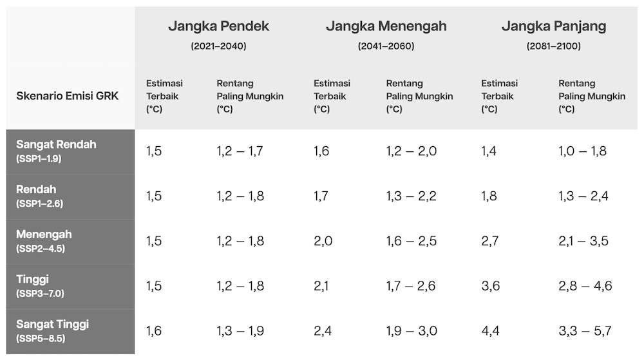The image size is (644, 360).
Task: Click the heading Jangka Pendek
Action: pyautogui.click(x=218, y=26)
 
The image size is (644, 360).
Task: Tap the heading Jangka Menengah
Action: pyautogui.click(x=386, y=26)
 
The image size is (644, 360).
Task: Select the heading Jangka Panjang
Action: pyautogui.click(x=554, y=26)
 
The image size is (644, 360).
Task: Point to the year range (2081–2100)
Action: pyautogui.click(x=554, y=46)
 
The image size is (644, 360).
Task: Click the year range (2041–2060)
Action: pyautogui.click(x=386, y=46)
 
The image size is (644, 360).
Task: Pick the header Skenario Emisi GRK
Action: pyautogui.click(x=68, y=96)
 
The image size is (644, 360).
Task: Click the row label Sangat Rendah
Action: pyautogui.click(x=56, y=144)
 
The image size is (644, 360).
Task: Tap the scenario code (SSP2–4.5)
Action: pyautogui.click(x=40, y=249)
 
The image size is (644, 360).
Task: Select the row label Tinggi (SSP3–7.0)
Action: pyautogui.click(x=40, y=286)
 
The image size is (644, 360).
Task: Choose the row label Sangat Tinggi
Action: pyautogui.click(x=52, y=325)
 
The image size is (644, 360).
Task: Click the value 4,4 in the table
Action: pyautogui.click(x=490, y=331)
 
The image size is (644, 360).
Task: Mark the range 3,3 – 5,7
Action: pyautogui.click(x=585, y=331)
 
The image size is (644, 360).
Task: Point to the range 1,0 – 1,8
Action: pyautogui.click(x=582, y=151)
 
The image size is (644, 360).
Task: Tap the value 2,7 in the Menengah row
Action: pyautogui.click(x=490, y=241)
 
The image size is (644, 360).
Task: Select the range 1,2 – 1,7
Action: pyautogui.click(x=240, y=151)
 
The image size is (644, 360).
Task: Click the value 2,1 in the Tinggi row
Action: pyautogui.click(x=321, y=286)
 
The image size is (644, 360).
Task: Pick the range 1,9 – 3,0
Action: pyautogui.click(x=412, y=331)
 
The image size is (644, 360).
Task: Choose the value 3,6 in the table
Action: pyautogui.click(x=490, y=286)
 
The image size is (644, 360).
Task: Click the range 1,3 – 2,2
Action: pyautogui.click(x=411, y=196)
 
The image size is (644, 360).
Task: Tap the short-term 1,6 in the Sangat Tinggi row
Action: pyautogui.click(x=154, y=331)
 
